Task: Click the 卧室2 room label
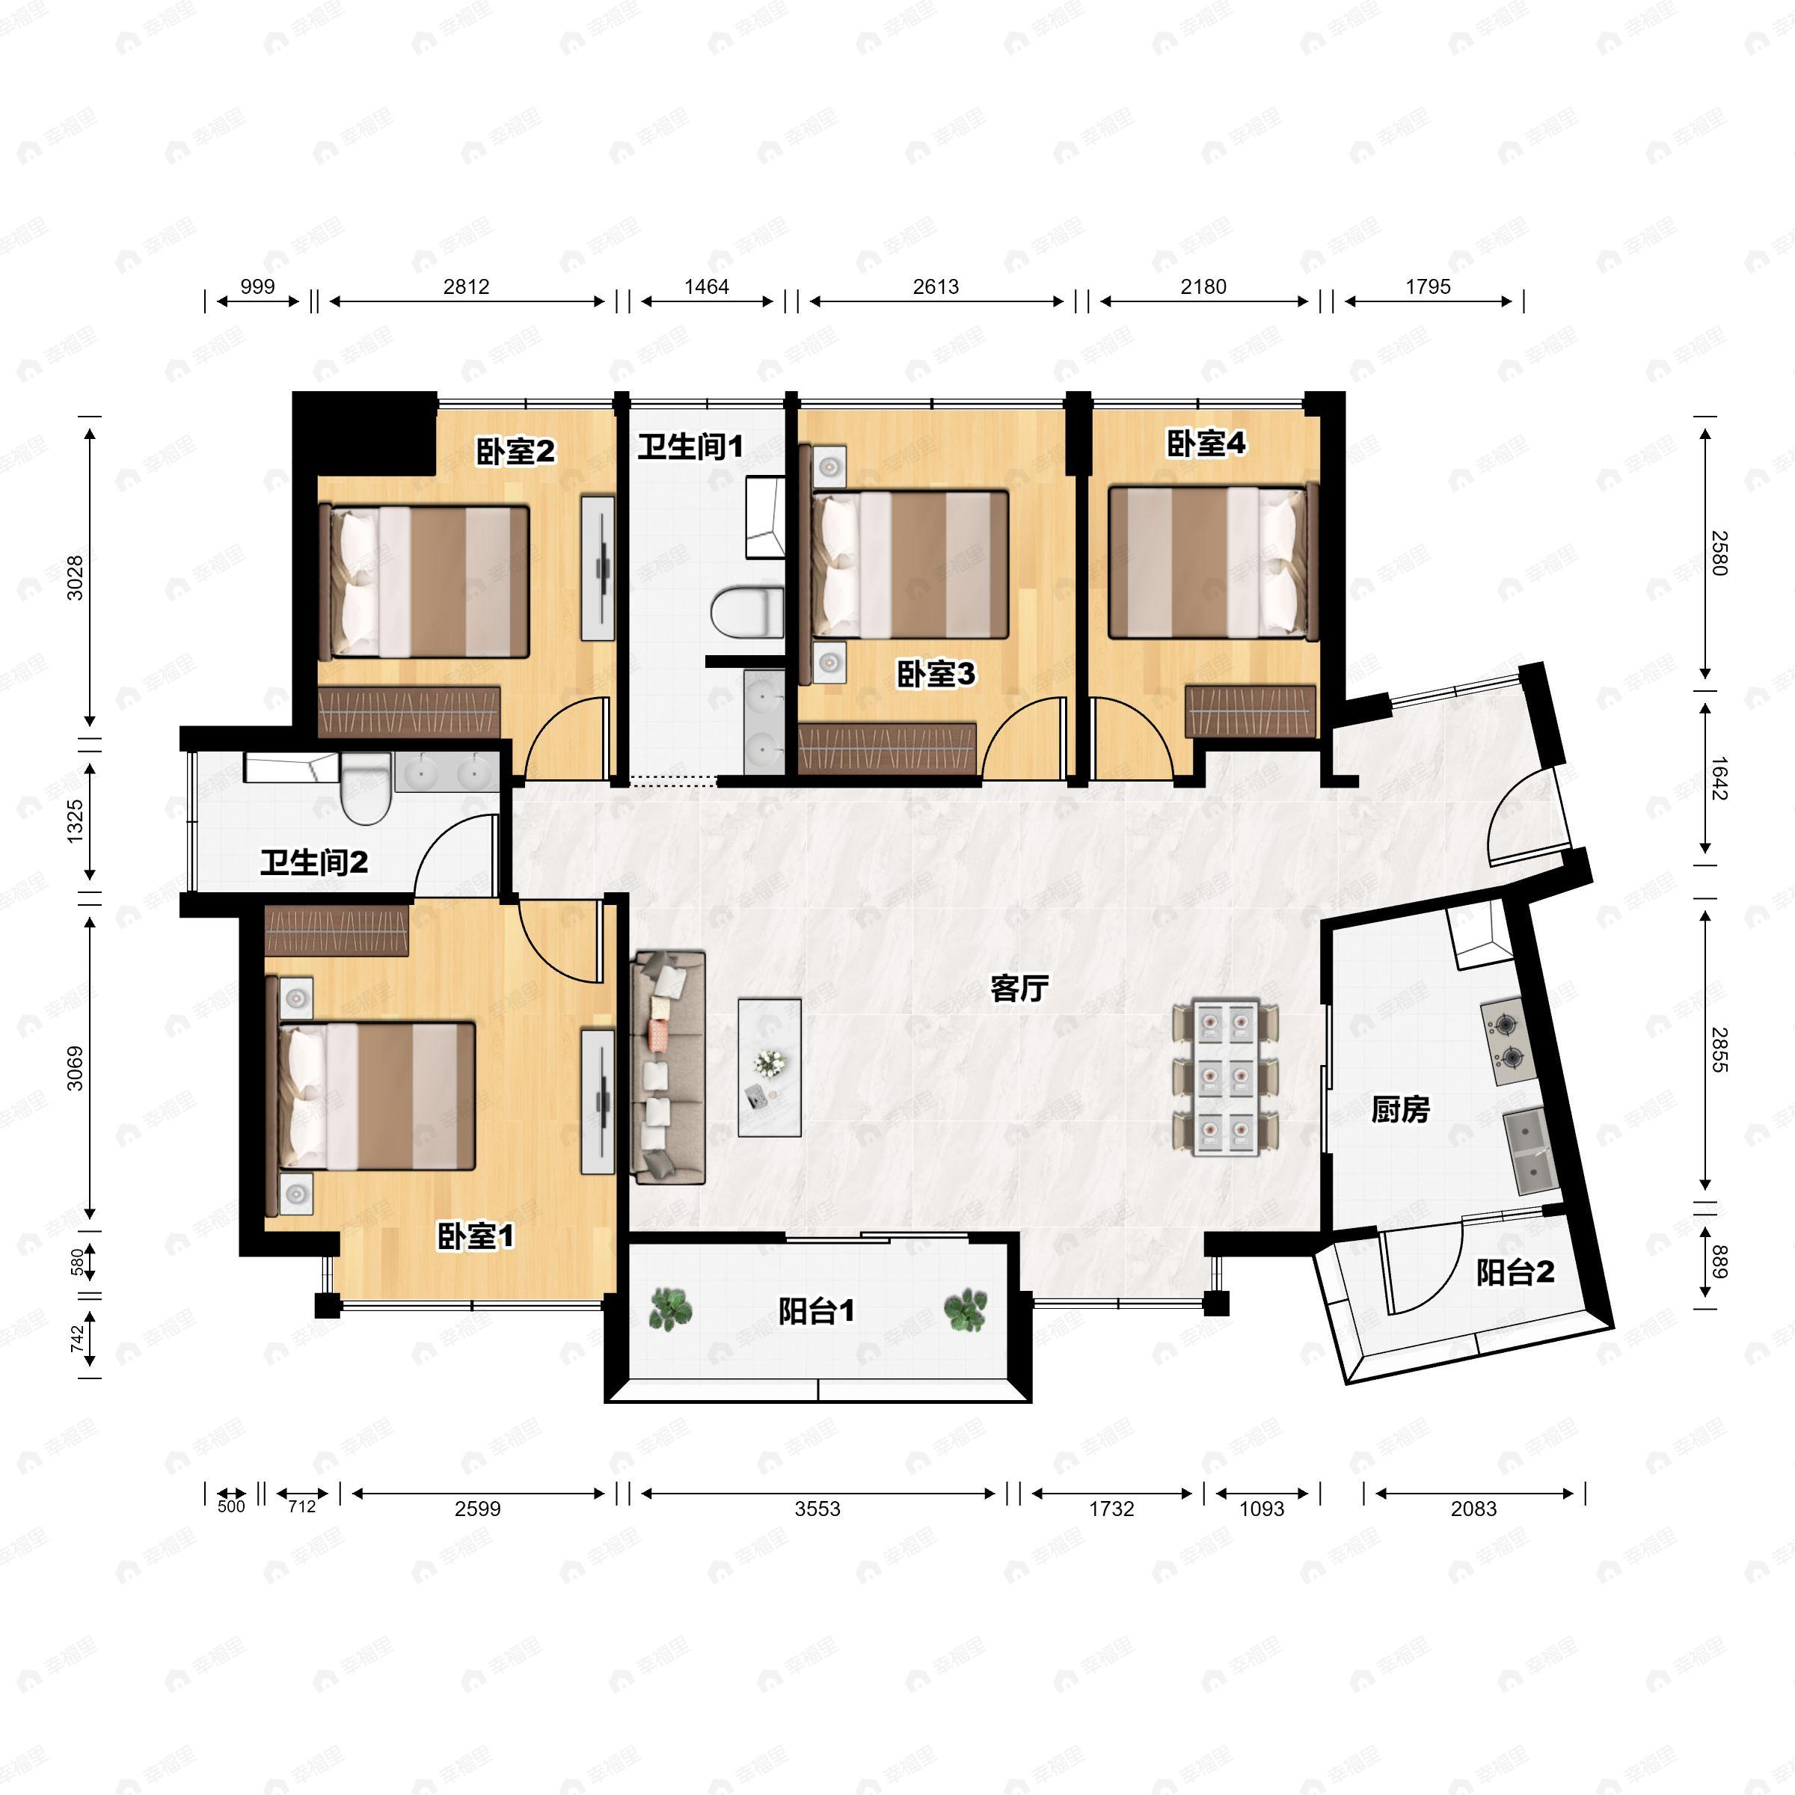[515, 452]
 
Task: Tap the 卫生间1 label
[690, 447]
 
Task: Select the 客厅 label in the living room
[1019, 989]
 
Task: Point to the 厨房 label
[1400, 1108]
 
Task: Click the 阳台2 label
[1515, 1272]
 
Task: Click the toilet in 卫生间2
[365, 789]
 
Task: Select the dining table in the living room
[1226, 1078]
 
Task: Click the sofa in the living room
[668, 1067]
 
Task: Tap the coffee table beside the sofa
[770, 1067]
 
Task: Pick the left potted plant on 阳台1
[670, 1309]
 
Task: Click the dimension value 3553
[817, 1509]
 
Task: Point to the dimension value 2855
[1719, 1051]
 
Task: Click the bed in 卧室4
[1213, 562]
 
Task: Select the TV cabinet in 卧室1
[598, 1101]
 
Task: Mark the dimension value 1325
[76, 821]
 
